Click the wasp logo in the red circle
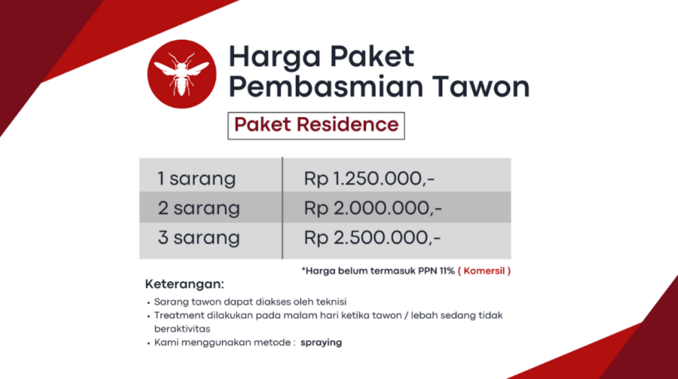coord(181,74)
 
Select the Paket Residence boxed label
coord(316,126)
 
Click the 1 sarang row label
coord(197,178)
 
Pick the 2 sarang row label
coord(198,208)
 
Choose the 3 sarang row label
coord(198,237)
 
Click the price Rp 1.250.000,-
coord(368,178)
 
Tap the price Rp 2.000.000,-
coord(372,208)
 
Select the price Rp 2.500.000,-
coord(372,237)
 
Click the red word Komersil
coord(485,271)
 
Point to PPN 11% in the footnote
coord(436,271)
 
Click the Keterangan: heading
coord(185,284)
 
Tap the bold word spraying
coord(321,342)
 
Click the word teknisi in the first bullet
coord(331,302)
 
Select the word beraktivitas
coord(182,329)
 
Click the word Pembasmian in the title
coord(326,87)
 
